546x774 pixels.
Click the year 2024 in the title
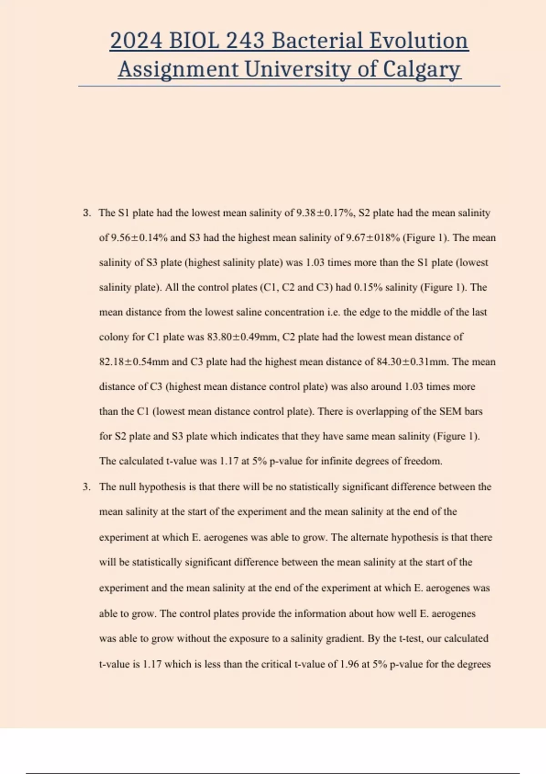(136, 41)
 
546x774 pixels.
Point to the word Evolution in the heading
(418, 41)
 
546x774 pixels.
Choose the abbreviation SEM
(450, 412)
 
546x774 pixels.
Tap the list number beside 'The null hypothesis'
(86, 487)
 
